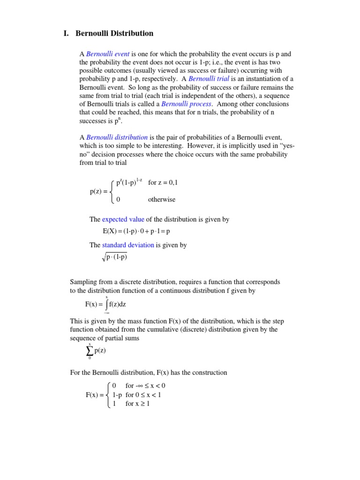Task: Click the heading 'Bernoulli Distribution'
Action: tap(114, 33)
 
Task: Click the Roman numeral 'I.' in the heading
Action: tap(66, 33)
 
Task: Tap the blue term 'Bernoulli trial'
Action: tap(209, 79)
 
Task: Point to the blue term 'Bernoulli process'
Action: tap(186, 104)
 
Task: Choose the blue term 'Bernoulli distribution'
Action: tap(117, 137)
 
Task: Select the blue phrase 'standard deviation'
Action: tap(128, 245)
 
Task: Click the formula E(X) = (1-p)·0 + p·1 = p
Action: tap(136, 231)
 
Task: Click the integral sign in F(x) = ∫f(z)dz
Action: tap(106, 305)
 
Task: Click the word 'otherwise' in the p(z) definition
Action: tap(162, 199)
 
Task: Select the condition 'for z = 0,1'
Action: tap(163, 183)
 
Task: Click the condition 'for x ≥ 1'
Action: tap(137, 404)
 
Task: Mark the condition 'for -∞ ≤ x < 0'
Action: tap(145, 386)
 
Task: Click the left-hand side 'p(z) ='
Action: tap(99, 191)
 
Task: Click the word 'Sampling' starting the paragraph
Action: tap(83, 282)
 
